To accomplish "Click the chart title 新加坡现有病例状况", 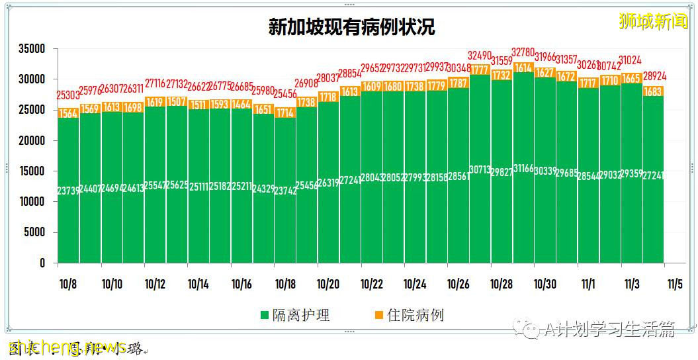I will pos(351,27).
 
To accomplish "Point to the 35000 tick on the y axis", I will pos(31,49).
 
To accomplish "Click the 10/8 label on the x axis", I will pos(68,284).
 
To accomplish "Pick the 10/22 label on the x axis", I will pos(371,284).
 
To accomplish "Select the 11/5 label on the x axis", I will pos(674,284).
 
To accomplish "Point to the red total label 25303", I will pos(68,95).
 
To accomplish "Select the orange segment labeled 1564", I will pos(68,114).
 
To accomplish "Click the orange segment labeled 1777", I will pos(480,70).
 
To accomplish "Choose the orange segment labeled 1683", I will pos(653,91).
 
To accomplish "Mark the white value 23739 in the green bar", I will pos(68,191).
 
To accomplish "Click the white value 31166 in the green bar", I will pos(523,169).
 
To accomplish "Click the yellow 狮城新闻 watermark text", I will pos(653,22).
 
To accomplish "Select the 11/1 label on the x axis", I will pos(588,284).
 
